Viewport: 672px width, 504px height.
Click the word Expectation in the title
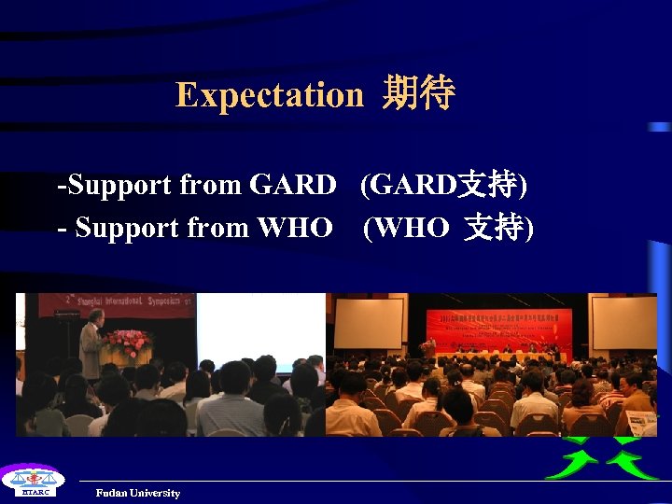269,95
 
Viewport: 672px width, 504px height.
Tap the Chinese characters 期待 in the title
418,94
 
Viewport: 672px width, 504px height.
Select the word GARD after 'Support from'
292,185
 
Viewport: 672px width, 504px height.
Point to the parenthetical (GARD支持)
444,185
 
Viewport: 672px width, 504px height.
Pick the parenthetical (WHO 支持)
449,227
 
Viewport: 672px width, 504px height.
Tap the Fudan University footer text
137,493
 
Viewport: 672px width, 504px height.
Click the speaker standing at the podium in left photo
91,345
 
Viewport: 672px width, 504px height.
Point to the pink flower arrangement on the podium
127,342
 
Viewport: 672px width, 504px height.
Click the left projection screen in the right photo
368,323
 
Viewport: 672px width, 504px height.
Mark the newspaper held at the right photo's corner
641,423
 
